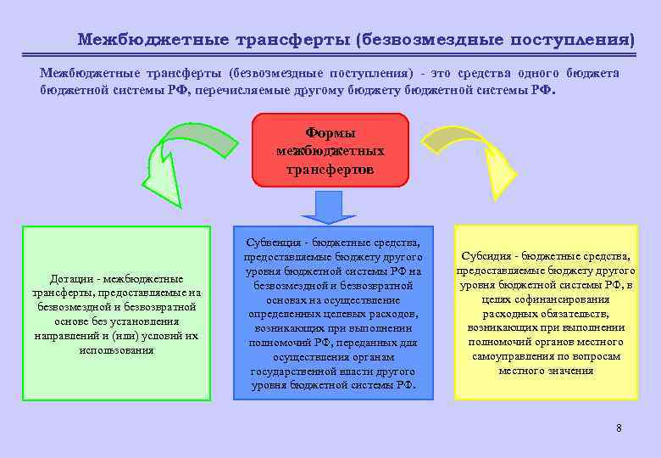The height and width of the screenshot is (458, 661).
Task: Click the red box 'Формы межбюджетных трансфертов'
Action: tap(330, 149)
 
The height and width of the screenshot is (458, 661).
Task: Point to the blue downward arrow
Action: tap(329, 206)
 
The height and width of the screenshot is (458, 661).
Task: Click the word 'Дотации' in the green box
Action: tap(70, 279)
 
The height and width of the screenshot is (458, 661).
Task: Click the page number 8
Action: tap(619, 427)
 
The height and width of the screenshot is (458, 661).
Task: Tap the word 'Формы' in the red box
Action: tap(330, 133)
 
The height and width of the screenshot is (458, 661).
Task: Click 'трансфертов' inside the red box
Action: tap(330, 169)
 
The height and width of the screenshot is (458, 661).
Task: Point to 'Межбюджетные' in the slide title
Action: tap(133, 39)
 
